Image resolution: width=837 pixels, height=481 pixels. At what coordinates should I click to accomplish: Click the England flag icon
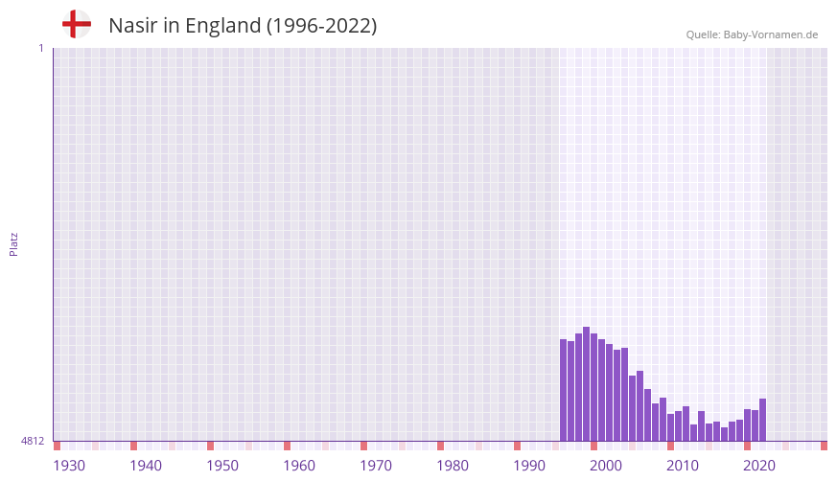tap(77, 25)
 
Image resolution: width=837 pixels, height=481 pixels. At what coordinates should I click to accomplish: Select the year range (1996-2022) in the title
tap(321, 26)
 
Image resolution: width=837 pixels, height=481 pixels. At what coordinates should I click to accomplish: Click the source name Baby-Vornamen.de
tap(771, 34)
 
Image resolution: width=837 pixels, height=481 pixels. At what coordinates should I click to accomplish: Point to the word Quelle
tap(703, 34)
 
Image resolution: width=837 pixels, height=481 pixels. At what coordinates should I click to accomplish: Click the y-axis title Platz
tap(13, 243)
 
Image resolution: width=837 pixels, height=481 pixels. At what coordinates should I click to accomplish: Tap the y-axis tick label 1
tap(40, 48)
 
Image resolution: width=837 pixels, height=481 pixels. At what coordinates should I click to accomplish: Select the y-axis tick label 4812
tap(33, 441)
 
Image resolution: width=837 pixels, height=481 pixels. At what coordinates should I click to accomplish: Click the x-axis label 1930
tap(69, 466)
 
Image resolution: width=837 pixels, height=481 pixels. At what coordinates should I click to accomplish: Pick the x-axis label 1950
tap(222, 466)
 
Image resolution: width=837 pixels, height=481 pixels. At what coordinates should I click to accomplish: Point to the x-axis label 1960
tap(299, 466)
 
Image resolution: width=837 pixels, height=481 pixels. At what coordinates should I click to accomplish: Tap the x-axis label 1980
tap(453, 466)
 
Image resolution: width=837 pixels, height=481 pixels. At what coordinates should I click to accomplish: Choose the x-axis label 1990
tap(529, 466)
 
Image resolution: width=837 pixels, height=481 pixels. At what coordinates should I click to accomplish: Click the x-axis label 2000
tap(606, 466)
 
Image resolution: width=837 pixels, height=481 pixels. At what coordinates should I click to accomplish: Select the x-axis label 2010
tap(683, 466)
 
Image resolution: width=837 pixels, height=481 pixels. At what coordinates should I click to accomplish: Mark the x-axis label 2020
tap(759, 466)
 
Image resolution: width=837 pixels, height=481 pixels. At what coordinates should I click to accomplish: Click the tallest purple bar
tap(587, 383)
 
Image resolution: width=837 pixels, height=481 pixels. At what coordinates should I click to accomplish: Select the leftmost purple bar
tap(564, 390)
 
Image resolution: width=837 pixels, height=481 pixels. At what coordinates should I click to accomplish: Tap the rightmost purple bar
tap(763, 420)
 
